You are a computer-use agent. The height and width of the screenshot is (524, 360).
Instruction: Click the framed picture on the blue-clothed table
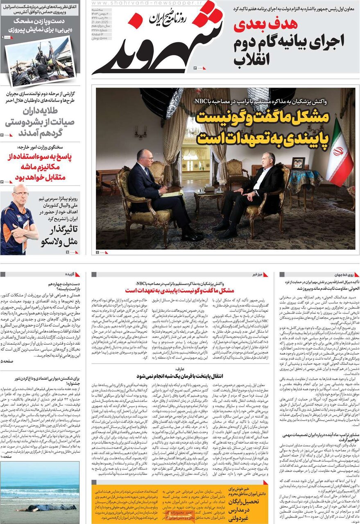pos(298,163)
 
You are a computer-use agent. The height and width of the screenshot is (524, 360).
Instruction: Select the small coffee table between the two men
pos(208,195)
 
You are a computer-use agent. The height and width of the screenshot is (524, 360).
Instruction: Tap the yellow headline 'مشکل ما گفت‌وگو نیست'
pos(263,117)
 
